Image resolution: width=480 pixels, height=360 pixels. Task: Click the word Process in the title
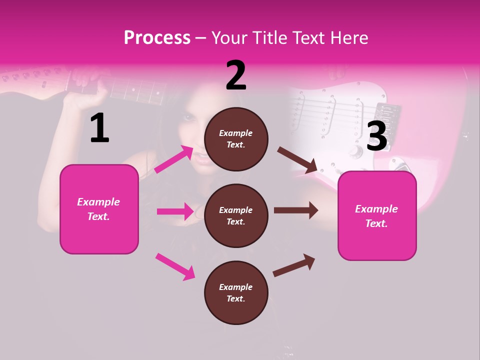click(157, 38)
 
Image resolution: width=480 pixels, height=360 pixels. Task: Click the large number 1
click(99, 128)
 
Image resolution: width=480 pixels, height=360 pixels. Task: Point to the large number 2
click(236, 75)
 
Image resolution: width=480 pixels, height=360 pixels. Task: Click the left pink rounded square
click(99, 209)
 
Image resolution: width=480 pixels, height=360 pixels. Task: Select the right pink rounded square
click(377, 216)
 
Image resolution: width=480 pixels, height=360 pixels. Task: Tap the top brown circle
click(236, 138)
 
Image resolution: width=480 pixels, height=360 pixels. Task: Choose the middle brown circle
click(236, 215)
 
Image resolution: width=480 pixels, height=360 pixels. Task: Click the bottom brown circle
click(236, 292)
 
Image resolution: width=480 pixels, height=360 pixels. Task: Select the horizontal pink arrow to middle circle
click(175, 211)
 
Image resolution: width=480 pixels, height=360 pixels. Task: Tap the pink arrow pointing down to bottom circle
click(175, 266)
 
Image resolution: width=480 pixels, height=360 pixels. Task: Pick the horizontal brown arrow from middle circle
click(296, 210)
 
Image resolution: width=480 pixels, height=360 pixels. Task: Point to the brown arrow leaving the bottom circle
click(294, 265)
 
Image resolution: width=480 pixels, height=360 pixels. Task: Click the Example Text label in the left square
click(98, 209)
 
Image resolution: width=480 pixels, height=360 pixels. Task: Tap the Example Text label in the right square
click(376, 216)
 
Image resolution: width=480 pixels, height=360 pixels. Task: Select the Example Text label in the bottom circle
click(236, 292)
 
